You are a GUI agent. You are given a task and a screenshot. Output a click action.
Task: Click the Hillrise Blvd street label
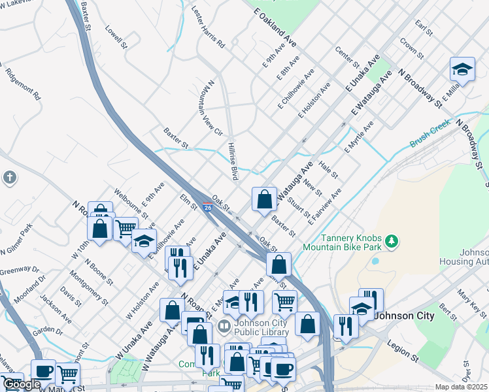click(x=231, y=161)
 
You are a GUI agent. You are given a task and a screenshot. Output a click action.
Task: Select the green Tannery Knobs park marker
click(x=392, y=242)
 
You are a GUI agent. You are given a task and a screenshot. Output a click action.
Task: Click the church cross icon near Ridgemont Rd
click(x=9, y=177)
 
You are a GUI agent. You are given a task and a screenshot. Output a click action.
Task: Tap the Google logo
click(x=22, y=384)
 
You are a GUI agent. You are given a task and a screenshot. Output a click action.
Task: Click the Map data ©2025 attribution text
click(x=461, y=387)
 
